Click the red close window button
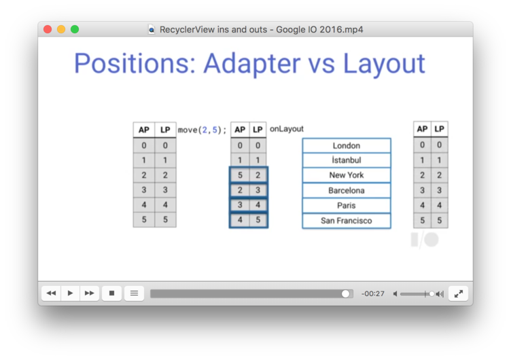[48, 29]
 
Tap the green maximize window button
[75, 29]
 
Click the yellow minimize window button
[61, 29]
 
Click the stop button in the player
[111, 293]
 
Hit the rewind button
[51, 293]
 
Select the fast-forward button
[89, 293]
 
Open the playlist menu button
[134, 293]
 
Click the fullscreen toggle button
[458, 293]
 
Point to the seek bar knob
[345, 294]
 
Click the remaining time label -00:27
[373, 294]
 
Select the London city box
[347, 145]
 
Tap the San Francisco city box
[347, 221]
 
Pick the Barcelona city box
[347, 191]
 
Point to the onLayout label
[287, 129]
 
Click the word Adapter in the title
[252, 64]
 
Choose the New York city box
[347, 175]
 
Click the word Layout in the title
[384, 64]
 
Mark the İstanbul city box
[347, 160]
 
